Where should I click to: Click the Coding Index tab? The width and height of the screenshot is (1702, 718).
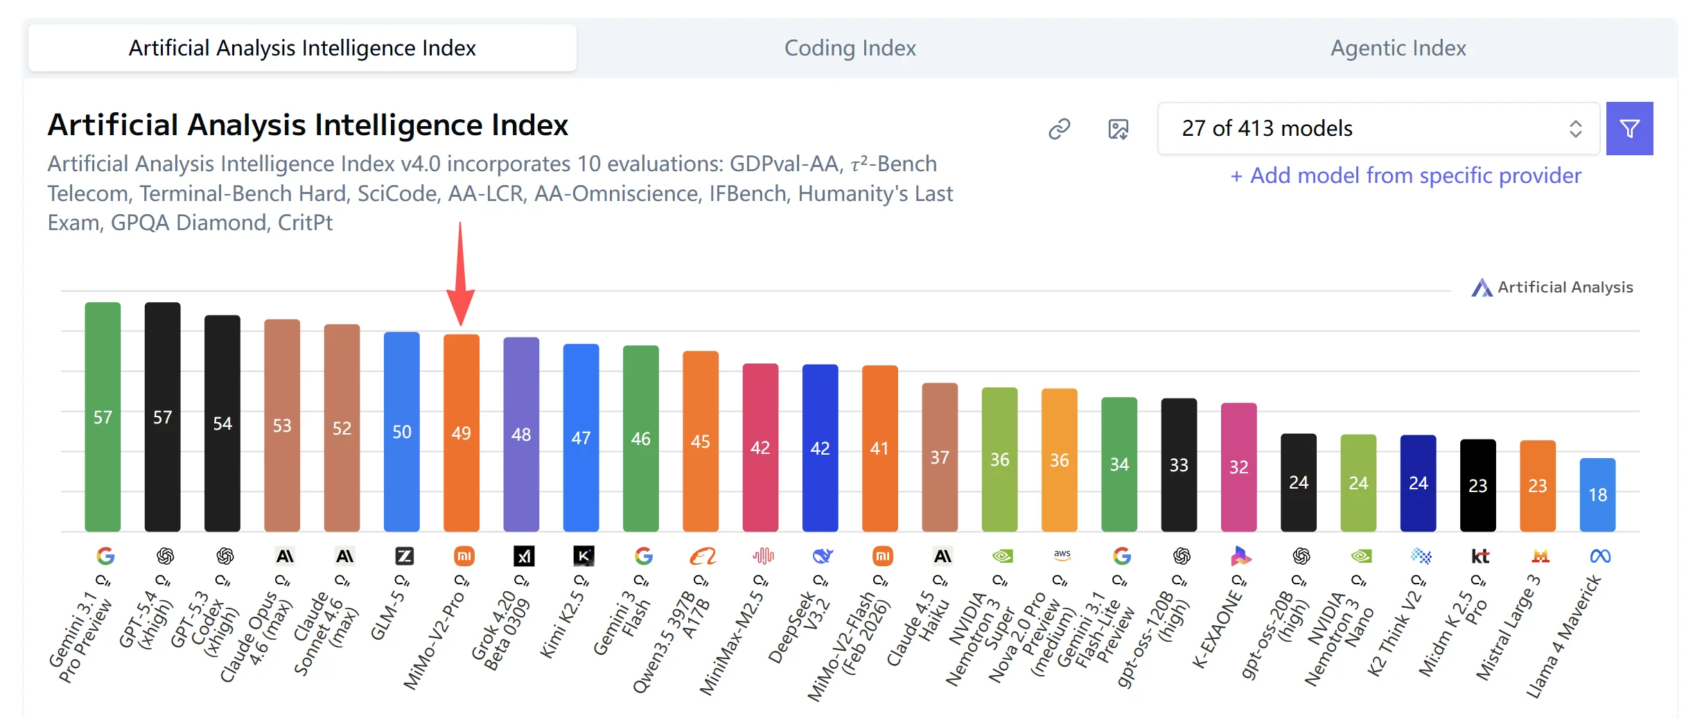(850, 48)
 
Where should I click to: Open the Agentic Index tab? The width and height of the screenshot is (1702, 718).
(1398, 48)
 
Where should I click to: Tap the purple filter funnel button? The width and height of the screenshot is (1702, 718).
(1629, 128)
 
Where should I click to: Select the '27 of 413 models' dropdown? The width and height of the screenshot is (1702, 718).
(1378, 128)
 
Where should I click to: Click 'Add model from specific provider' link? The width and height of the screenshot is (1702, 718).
(1406, 175)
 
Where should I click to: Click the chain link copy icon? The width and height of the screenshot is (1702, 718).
(1059, 129)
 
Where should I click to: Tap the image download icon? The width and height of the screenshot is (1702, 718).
(1118, 129)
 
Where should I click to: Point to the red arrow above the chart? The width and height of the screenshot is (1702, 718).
(460, 274)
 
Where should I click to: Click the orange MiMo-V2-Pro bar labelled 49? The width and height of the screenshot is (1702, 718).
(462, 432)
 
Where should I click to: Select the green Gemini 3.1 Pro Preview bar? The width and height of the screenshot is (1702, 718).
(103, 417)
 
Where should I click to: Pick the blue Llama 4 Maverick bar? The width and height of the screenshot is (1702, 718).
(1597, 495)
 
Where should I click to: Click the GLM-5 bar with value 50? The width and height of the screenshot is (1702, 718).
(402, 432)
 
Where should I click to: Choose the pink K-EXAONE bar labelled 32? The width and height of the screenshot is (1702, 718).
(1238, 467)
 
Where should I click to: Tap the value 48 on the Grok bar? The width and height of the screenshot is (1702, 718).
(521, 435)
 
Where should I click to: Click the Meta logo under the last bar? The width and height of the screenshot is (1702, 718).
(1600, 556)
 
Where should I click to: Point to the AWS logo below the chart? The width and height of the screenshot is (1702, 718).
(1062, 555)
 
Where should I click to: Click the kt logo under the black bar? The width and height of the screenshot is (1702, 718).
(1480, 556)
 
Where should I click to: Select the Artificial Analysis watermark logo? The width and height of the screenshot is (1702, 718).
(1552, 287)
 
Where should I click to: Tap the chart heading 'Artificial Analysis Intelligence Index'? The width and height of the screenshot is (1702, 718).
(308, 125)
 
